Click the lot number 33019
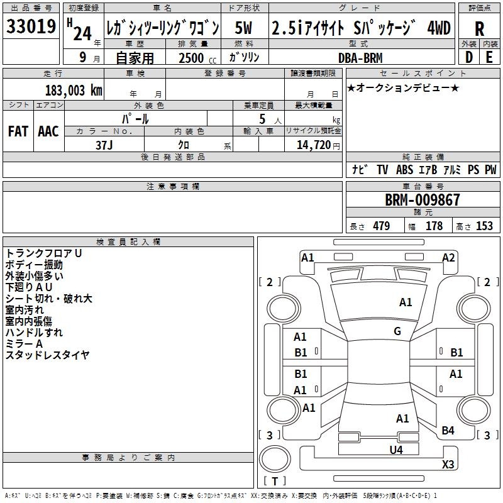click(x=31, y=26)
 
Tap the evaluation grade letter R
click(x=479, y=29)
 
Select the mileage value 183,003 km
click(x=74, y=91)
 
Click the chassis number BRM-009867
click(x=423, y=200)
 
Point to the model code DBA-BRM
click(x=360, y=58)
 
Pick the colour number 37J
click(x=104, y=145)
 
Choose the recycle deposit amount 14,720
click(x=314, y=145)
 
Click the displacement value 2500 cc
click(x=197, y=58)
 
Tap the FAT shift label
click(x=18, y=131)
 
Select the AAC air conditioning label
click(x=48, y=131)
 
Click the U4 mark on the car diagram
click(x=396, y=450)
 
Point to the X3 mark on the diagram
click(x=448, y=464)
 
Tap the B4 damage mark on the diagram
click(x=448, y=431)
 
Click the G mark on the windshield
click(x=397, y=331)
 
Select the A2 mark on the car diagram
click(x=448, y=258)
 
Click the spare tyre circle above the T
click(x=275, y=460)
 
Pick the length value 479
click(x=382, y=226)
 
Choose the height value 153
click(x=484, y=226)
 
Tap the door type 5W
click(x=243, y=28)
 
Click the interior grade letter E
click(x=489, y=57)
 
